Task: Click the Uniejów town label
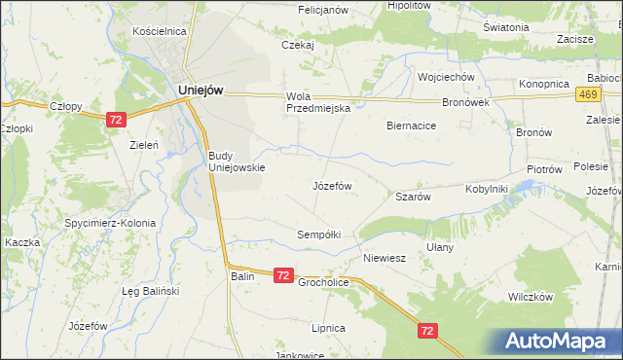point(202,90)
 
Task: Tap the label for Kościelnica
point(159,31)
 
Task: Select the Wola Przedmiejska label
point(317,102)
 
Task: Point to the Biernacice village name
point(411,126)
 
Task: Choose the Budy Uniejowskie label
point(237,161)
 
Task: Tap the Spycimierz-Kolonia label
point(113,223)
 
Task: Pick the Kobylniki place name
point(487,189)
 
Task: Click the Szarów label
point(413,196)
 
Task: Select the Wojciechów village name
point(445,77)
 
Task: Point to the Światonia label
point(505,27)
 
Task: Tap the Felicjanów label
point(321,9)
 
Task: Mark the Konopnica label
point(543,84)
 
